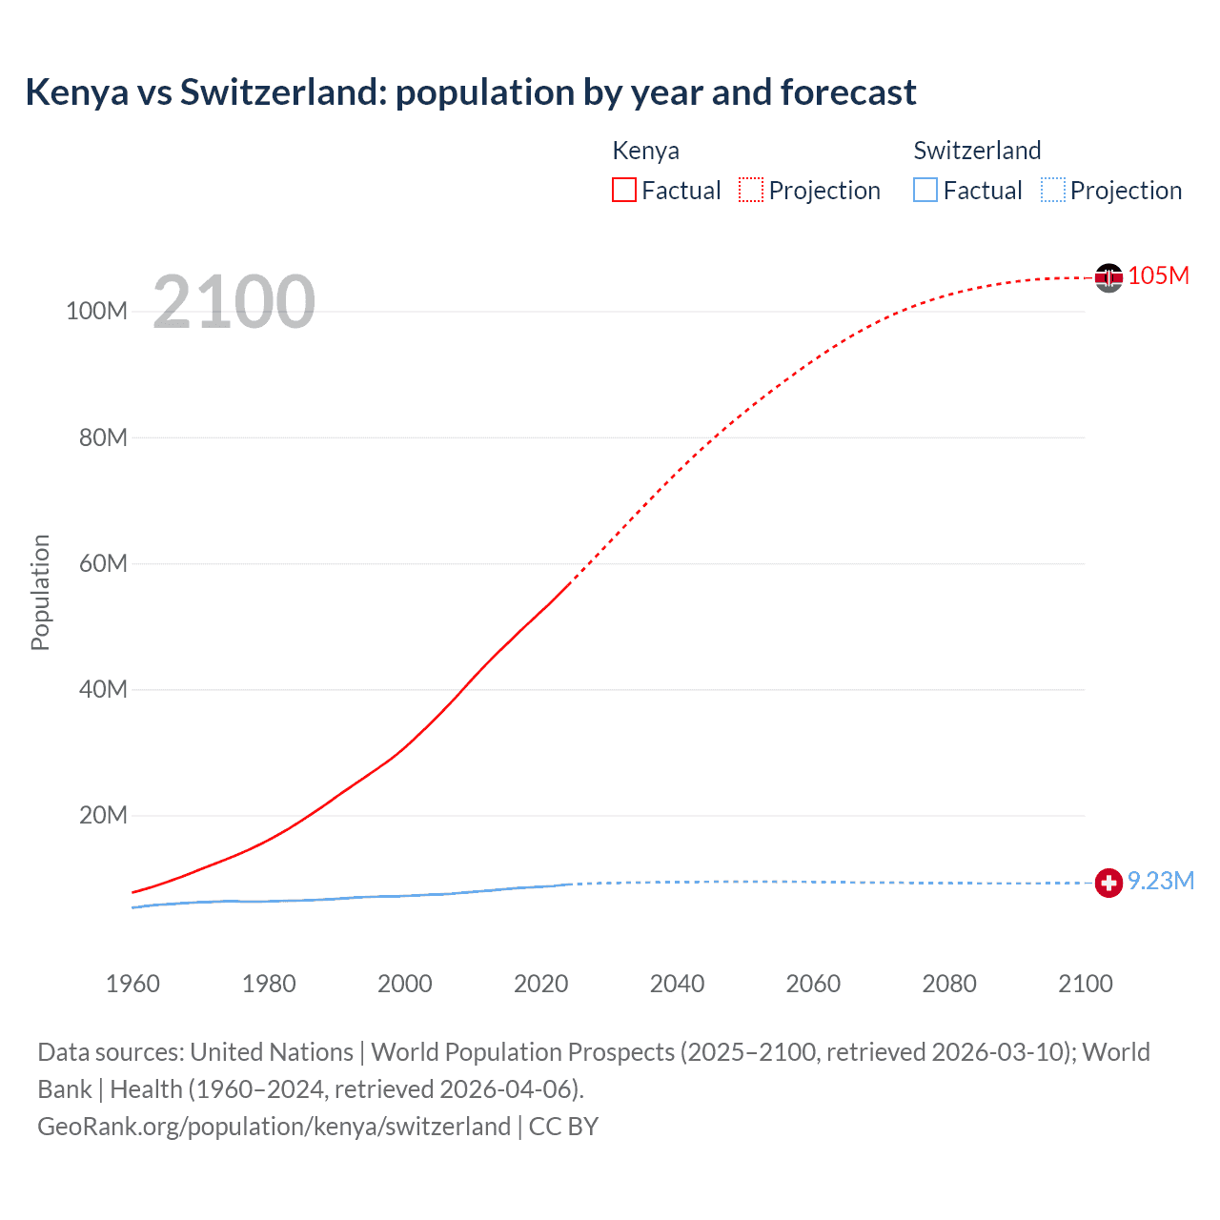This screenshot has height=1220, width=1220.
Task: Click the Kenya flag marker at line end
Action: point(1108,277)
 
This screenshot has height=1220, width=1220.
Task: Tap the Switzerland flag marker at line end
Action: point(1108,883)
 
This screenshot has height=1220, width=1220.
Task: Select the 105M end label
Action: point(1158,275)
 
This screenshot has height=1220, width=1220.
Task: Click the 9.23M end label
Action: point(1160,881)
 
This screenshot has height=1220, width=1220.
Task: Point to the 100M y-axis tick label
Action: point(96,312)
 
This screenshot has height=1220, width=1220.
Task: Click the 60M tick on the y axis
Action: point(103,563)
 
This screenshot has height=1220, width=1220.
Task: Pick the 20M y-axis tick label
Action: point(103,816)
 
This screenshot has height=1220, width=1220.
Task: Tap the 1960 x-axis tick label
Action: point(132,984)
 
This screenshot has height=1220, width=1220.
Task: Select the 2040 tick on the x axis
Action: point(677,984)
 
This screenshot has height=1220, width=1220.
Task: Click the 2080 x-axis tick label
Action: point(948,984)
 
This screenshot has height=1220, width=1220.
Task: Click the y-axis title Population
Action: point(40,592)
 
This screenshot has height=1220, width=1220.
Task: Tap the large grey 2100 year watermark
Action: point(234,302)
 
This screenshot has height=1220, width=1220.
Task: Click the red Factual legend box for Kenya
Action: point(623,190)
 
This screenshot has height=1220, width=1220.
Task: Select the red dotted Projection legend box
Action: point(751,190)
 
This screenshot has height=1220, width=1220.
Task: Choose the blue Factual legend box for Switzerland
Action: point(925,190)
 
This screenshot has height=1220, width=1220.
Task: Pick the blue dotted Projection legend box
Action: point(1052,190)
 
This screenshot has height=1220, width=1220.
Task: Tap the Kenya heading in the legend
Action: point(645,151)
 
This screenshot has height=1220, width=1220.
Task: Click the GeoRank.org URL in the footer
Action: point(274,1127)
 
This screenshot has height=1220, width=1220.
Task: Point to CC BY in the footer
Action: point(563,1127)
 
